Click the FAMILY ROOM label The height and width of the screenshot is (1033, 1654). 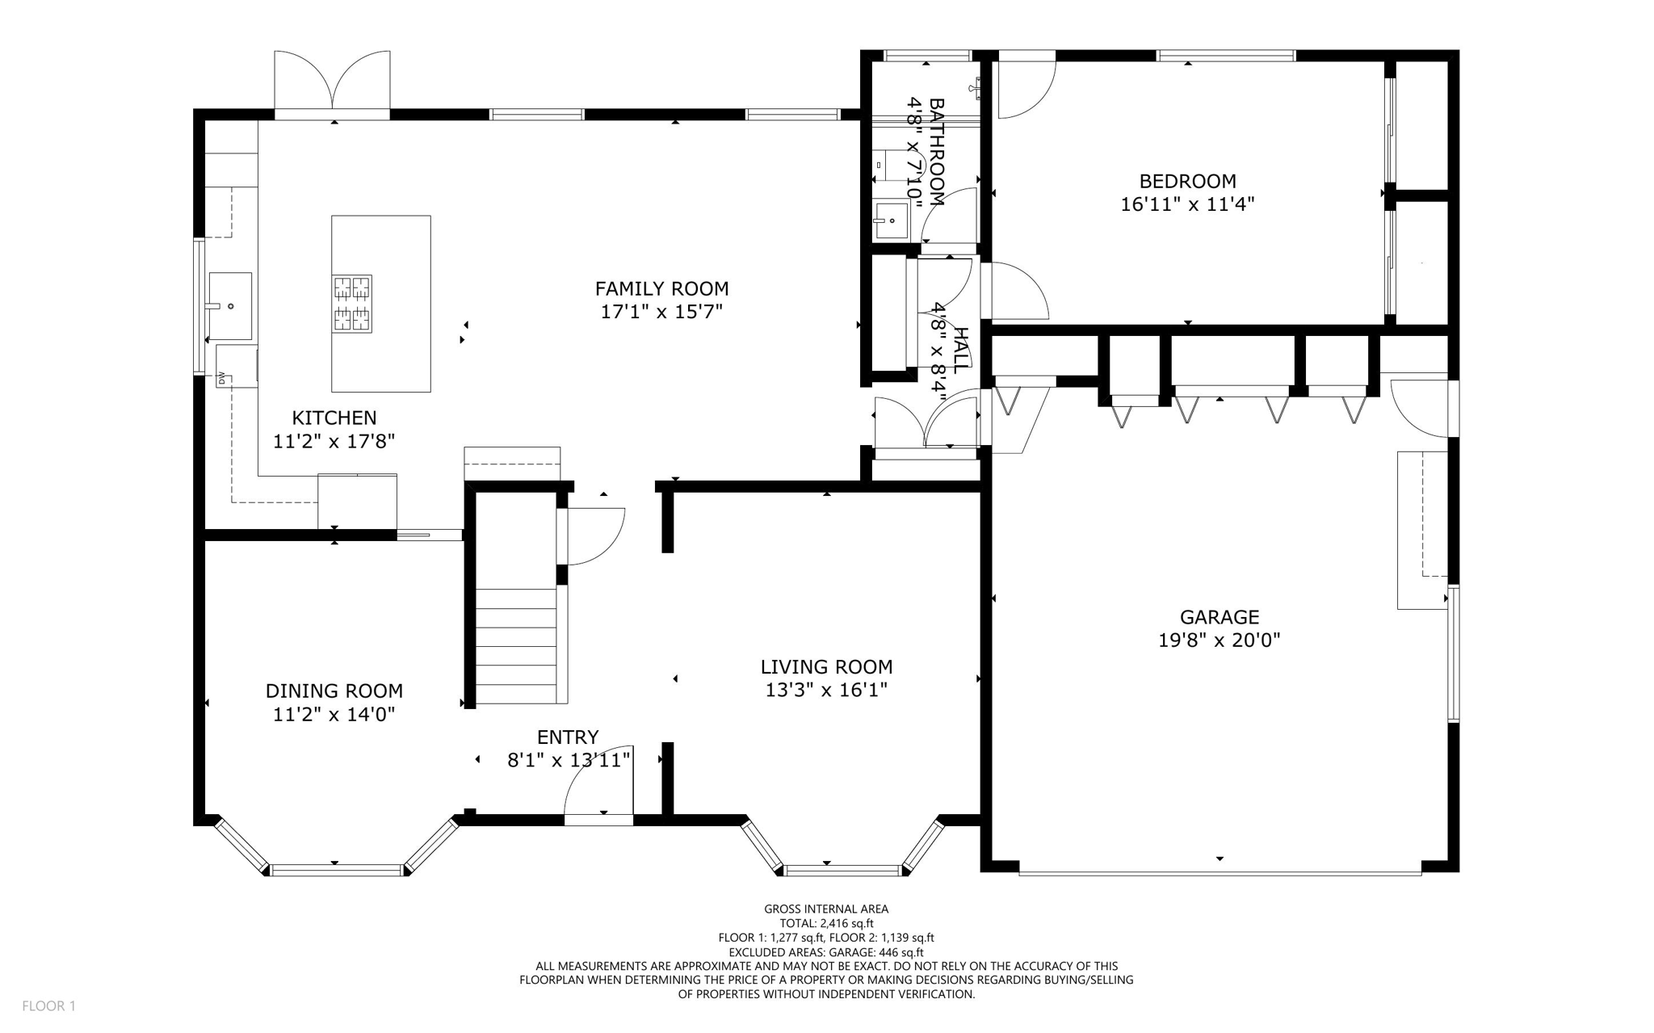coord(661,288)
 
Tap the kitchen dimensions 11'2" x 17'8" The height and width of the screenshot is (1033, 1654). coord(334,441)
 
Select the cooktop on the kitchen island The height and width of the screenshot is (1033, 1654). coord(352,304)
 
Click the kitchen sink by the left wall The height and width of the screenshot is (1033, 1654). coord(230,306)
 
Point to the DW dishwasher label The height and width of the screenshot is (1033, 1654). coord(220,377)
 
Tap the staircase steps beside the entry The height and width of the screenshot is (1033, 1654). coord(516,646)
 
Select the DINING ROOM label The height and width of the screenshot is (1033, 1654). coord(334,691)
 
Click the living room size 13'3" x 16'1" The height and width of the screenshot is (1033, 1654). coord(826,690)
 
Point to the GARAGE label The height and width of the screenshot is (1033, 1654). coord(1219,617)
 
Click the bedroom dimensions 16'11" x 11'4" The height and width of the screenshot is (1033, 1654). coord(1187,204)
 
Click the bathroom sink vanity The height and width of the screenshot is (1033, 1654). coord(891,220)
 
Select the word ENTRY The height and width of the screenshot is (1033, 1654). coord(568,737)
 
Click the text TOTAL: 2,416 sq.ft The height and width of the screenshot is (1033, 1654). coord(826,923)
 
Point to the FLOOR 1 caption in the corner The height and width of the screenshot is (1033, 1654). coord(48,1006)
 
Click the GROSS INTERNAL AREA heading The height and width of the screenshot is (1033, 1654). coord(826,909)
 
